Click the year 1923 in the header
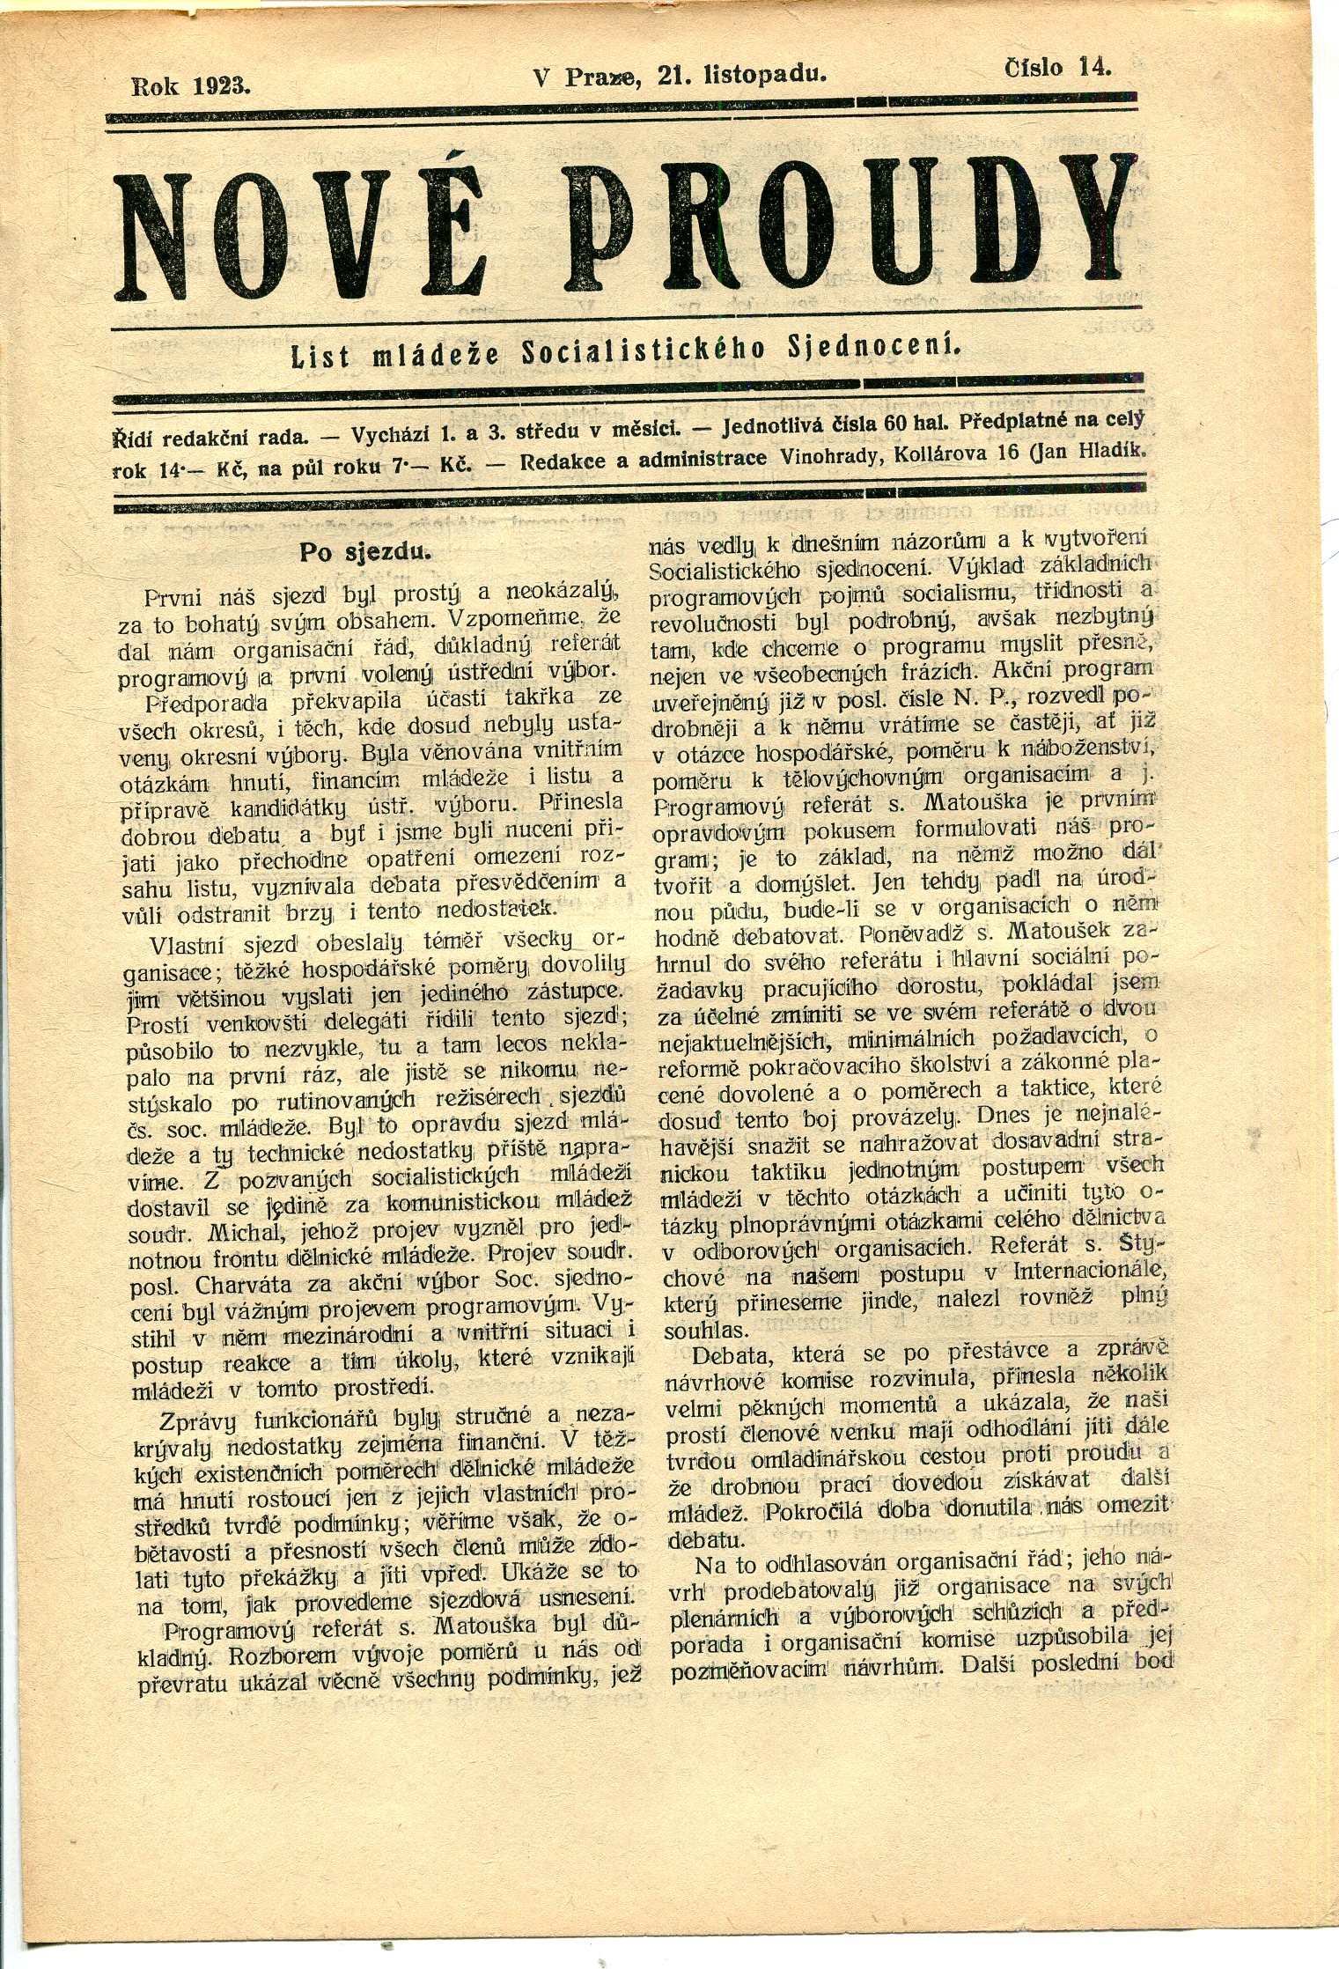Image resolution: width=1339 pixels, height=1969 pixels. [224, 86]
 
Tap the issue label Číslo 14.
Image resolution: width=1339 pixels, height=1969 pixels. [1057, 68]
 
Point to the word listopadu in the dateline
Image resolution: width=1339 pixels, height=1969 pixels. [765, 75]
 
